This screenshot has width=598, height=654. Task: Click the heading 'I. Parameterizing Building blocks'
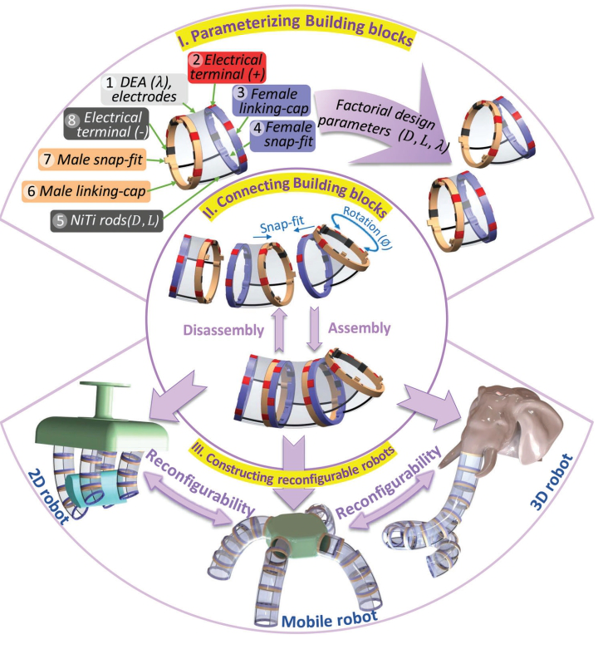pos(300,34)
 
